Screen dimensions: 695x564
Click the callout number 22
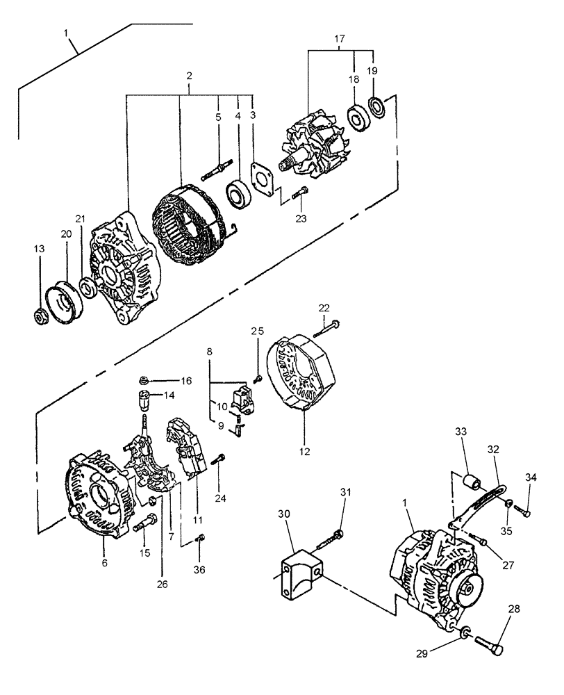click(324, 308)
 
